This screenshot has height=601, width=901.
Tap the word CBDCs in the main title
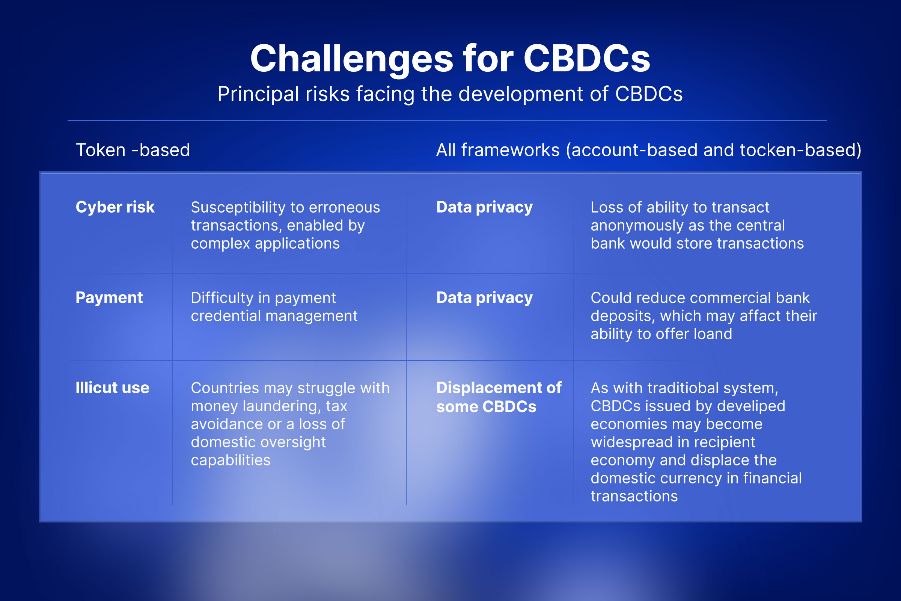pyautogui.click(x=587, y=58)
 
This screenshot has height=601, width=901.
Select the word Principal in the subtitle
pyautogui.click(x=258, y=94)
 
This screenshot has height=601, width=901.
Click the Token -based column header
pyautogui.click(x=133, y=150)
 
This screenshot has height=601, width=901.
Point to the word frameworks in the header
pyautogui.click(x=510, y=150)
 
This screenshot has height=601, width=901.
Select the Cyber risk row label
pyautogui.click(x=115, y=207)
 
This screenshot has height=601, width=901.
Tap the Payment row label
pyautogui.click(x=109, y=298)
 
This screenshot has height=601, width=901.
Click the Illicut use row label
pyautogui.click(x=112, y=388)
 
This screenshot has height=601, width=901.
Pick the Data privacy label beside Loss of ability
pyautogui.click(x=485, y=207)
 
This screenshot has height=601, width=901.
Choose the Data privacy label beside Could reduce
pyautogui.click(x=485, y=298)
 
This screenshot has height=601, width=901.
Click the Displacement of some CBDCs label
pyautogui.click(x=499, y=397)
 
